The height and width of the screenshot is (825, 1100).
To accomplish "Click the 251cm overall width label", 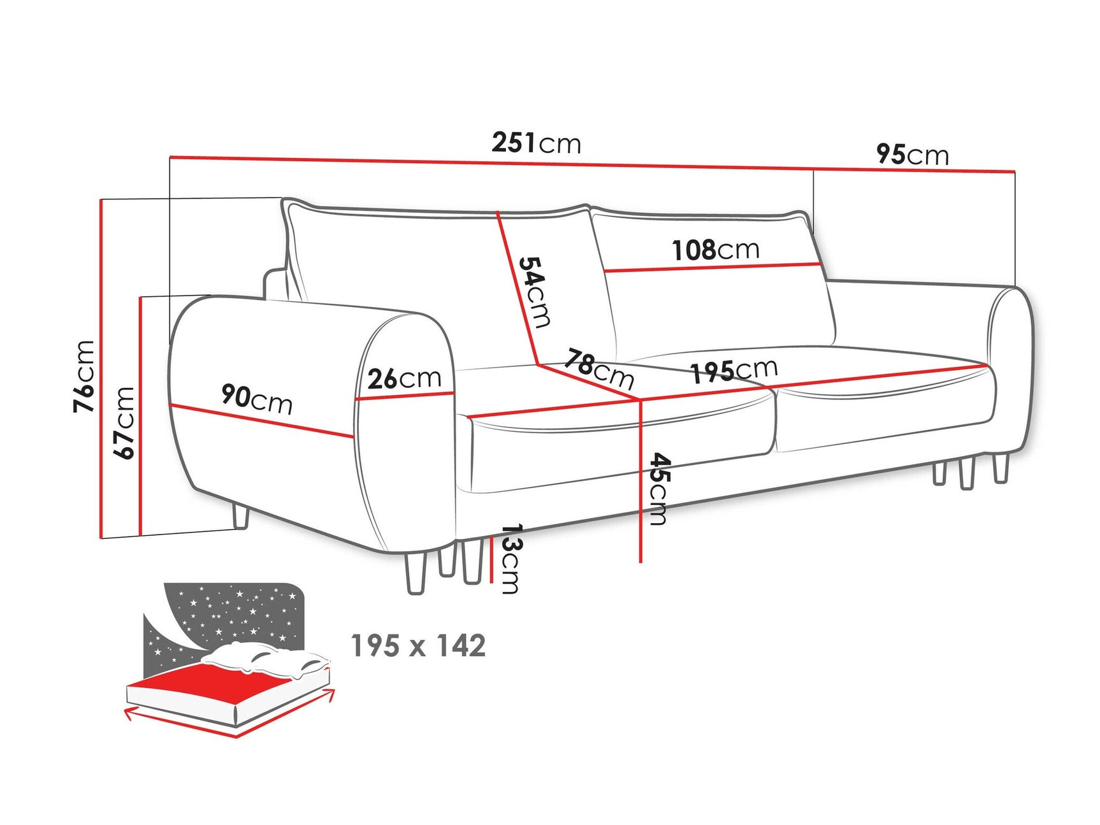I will pos(536,143).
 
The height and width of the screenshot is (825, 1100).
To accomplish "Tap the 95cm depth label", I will pos(912,154).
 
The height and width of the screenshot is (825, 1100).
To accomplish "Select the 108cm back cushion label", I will pos(716,250).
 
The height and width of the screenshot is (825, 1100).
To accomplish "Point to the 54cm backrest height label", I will pos(534,292).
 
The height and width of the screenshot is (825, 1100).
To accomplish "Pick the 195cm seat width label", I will pos(734,371).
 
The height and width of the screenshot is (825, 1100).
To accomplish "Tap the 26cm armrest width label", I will pos(404,378).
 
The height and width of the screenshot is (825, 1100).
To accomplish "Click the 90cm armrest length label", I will pos(257,399).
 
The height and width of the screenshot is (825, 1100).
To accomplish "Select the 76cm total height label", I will pos(85,376).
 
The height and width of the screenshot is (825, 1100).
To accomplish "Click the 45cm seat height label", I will pos(659,489).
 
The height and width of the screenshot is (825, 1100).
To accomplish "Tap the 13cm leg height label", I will pos(510,559).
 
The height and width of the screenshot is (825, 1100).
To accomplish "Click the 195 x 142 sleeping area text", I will pos(418,646).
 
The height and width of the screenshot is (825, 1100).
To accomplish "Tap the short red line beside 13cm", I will pos(491,559).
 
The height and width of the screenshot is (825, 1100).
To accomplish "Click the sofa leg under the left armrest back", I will pos(241,516).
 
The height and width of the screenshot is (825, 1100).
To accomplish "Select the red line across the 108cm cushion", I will pos(711,268).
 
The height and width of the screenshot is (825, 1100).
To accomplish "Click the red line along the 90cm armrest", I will pos(261,421).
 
